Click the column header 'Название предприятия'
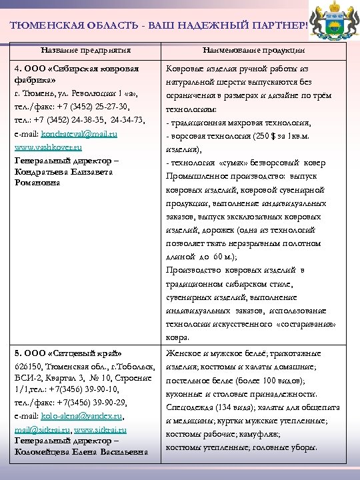click(85, 50)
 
